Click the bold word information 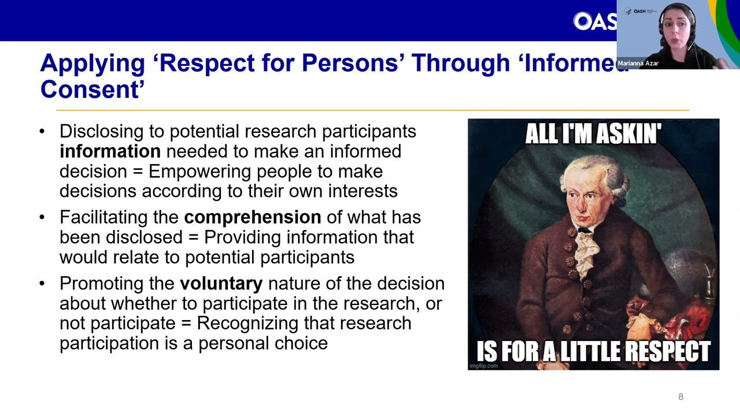(x=110, y=151)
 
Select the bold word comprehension (x=253, y=218)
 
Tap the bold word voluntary (x=221, y=284)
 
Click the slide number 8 (x=680, y=396)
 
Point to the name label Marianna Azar (x=638, y=64)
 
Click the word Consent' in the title (x=92, y=89)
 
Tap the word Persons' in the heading (x=351, y=63)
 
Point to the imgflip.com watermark (x=484, y=366)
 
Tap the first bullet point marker (x=42, y=131)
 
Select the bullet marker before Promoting (x=42, y=284)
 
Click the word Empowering (x=199, y=172)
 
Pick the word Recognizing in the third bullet (x=247, y=324)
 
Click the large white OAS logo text (x=595, y=21)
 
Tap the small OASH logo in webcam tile (x=639, y=11)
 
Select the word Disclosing (x=102, y=132)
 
